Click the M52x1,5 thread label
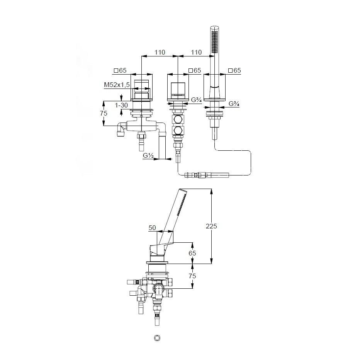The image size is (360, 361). [x=117, y=85]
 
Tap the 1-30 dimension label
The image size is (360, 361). [x=121, y=105]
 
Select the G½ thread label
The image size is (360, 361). [x=148, y=156]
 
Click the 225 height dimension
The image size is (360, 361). [x=211, y=226]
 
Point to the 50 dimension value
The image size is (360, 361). [x=152, y=228]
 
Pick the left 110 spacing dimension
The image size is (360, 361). [x=160, y=52]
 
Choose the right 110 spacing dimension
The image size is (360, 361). [x=196, y=52]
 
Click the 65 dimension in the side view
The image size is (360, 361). [x=192, y=253]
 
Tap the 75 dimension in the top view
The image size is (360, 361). [x=104, y=113]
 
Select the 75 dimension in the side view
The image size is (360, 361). [x=192, y=276]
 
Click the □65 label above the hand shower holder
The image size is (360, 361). [x=234, y=70]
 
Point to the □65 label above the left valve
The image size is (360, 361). [x=120, y=70]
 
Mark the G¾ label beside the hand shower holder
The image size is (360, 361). [x=234, y=104]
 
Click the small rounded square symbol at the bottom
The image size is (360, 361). [x=157, y=338]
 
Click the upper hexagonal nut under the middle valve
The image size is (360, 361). [x=178, y=119]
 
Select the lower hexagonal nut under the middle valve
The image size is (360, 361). [x=178, y=131]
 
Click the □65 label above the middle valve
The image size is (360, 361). [x=195, y=70]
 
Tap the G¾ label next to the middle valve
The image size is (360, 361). [x=197, y=100]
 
